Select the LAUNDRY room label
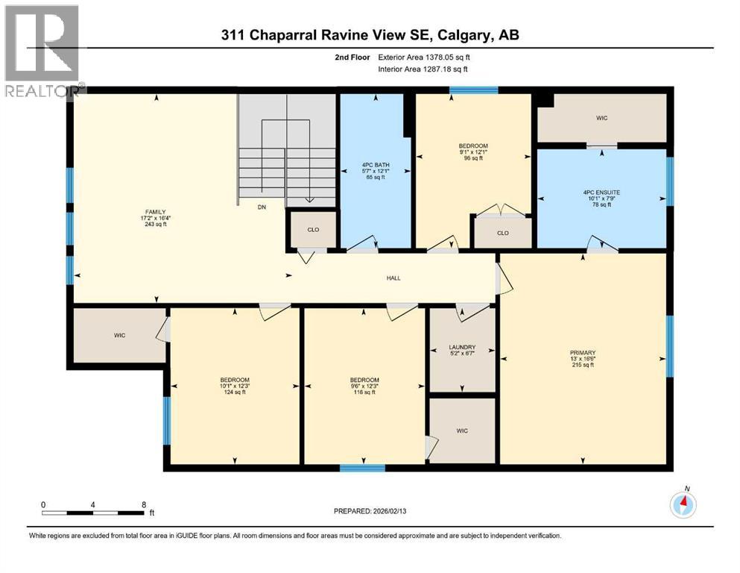(x=461, y=348)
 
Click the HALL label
(x=393, y=278)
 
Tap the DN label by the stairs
(x=262, y=208)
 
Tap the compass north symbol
(x=683, y=504)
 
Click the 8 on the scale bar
(x=144, y=504)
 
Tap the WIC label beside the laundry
(x=462, y=430)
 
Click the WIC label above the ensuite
(x=601, y=118)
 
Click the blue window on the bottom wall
(x=362, y=468)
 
